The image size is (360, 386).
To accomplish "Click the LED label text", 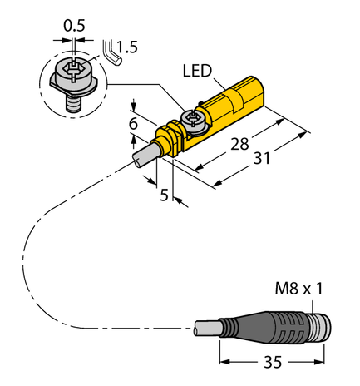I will coord(197,72).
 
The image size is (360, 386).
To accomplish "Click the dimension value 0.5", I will coord(75,25).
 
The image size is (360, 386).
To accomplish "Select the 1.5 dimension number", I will coord(127,47).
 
